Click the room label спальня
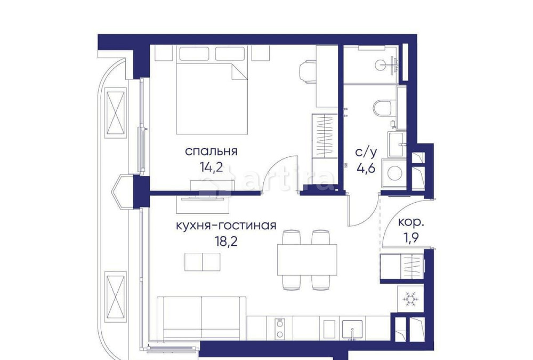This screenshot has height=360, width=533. pos(211,151)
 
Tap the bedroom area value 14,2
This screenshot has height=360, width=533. pos(211,166)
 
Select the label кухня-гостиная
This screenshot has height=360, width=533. pos(226,225)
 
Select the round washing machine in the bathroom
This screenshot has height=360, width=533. pos(395,173)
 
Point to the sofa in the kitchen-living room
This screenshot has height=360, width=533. pos(201,317)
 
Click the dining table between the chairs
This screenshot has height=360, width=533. pos(307,260)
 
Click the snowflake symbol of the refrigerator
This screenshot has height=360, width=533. pos(410,299)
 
